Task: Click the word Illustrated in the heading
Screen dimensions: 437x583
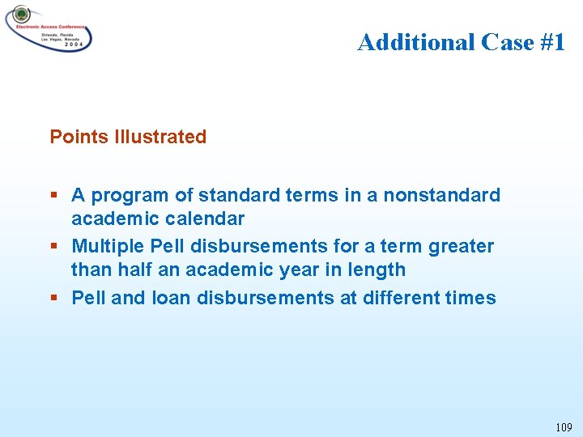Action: point(160,137)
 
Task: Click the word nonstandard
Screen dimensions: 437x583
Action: point(442,195)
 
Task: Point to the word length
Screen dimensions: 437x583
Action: point(378,269)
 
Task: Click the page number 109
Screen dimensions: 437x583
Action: point(564,426)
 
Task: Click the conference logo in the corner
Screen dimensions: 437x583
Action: point(49,28)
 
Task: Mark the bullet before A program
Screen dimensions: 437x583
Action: point(53,196)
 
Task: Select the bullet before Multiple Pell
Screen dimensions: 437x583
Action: point(53,246)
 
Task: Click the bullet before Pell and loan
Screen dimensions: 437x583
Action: point(53,298)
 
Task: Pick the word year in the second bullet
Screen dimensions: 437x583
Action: point(299,269)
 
